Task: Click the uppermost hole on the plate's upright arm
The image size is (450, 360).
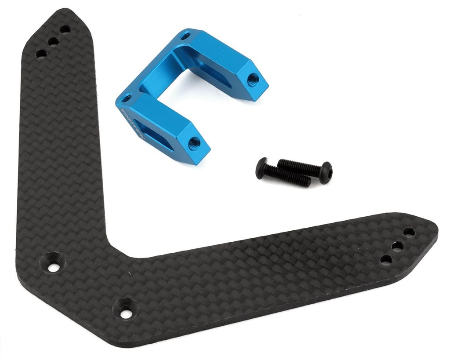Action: pyautogui.click(x=65, y=29)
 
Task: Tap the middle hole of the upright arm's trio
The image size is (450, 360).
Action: pyautogui.click(x=53, y=42)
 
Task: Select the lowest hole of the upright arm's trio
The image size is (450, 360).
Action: pyautogui.click(x=41, y=54)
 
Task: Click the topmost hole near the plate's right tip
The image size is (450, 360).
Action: pyautogui.click(x=409, y=232)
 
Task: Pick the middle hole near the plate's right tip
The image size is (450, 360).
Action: pyautogui.click(x=397, y=246)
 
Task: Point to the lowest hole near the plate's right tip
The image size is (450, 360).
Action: pyautogui.click(x=386, y=260)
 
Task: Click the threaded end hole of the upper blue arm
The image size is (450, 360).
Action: pyautogui.click(x=253, y=80)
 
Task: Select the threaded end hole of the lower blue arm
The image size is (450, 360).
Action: pyautogui.click(x=194, y=143)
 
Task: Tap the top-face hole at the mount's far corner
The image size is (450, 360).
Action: pyautogui.click(x=186, y=36)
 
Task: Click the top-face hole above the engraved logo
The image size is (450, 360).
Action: pyautogui.click(x=126, y=98)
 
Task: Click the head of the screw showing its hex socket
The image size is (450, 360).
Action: pyautogui.click(x=326, y=172)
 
